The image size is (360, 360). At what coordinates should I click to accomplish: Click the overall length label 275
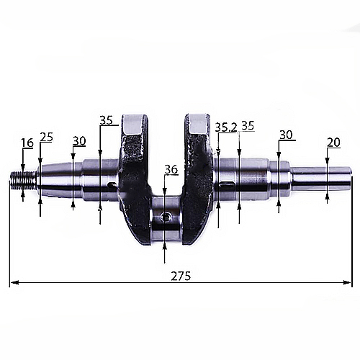[181, 276]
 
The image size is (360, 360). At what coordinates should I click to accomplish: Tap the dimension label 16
[27, 143]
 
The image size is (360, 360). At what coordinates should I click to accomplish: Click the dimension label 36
[171, 169]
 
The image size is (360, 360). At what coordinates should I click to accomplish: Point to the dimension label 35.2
[226, 127]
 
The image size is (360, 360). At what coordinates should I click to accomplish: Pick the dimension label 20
[333, 143]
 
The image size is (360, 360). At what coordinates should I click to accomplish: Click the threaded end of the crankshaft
[23, 179]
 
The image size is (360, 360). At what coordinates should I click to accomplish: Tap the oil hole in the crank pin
[166, 217]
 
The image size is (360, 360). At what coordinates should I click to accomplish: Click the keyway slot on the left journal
[112, 184]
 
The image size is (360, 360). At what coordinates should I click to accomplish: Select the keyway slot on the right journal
[227, 184]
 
